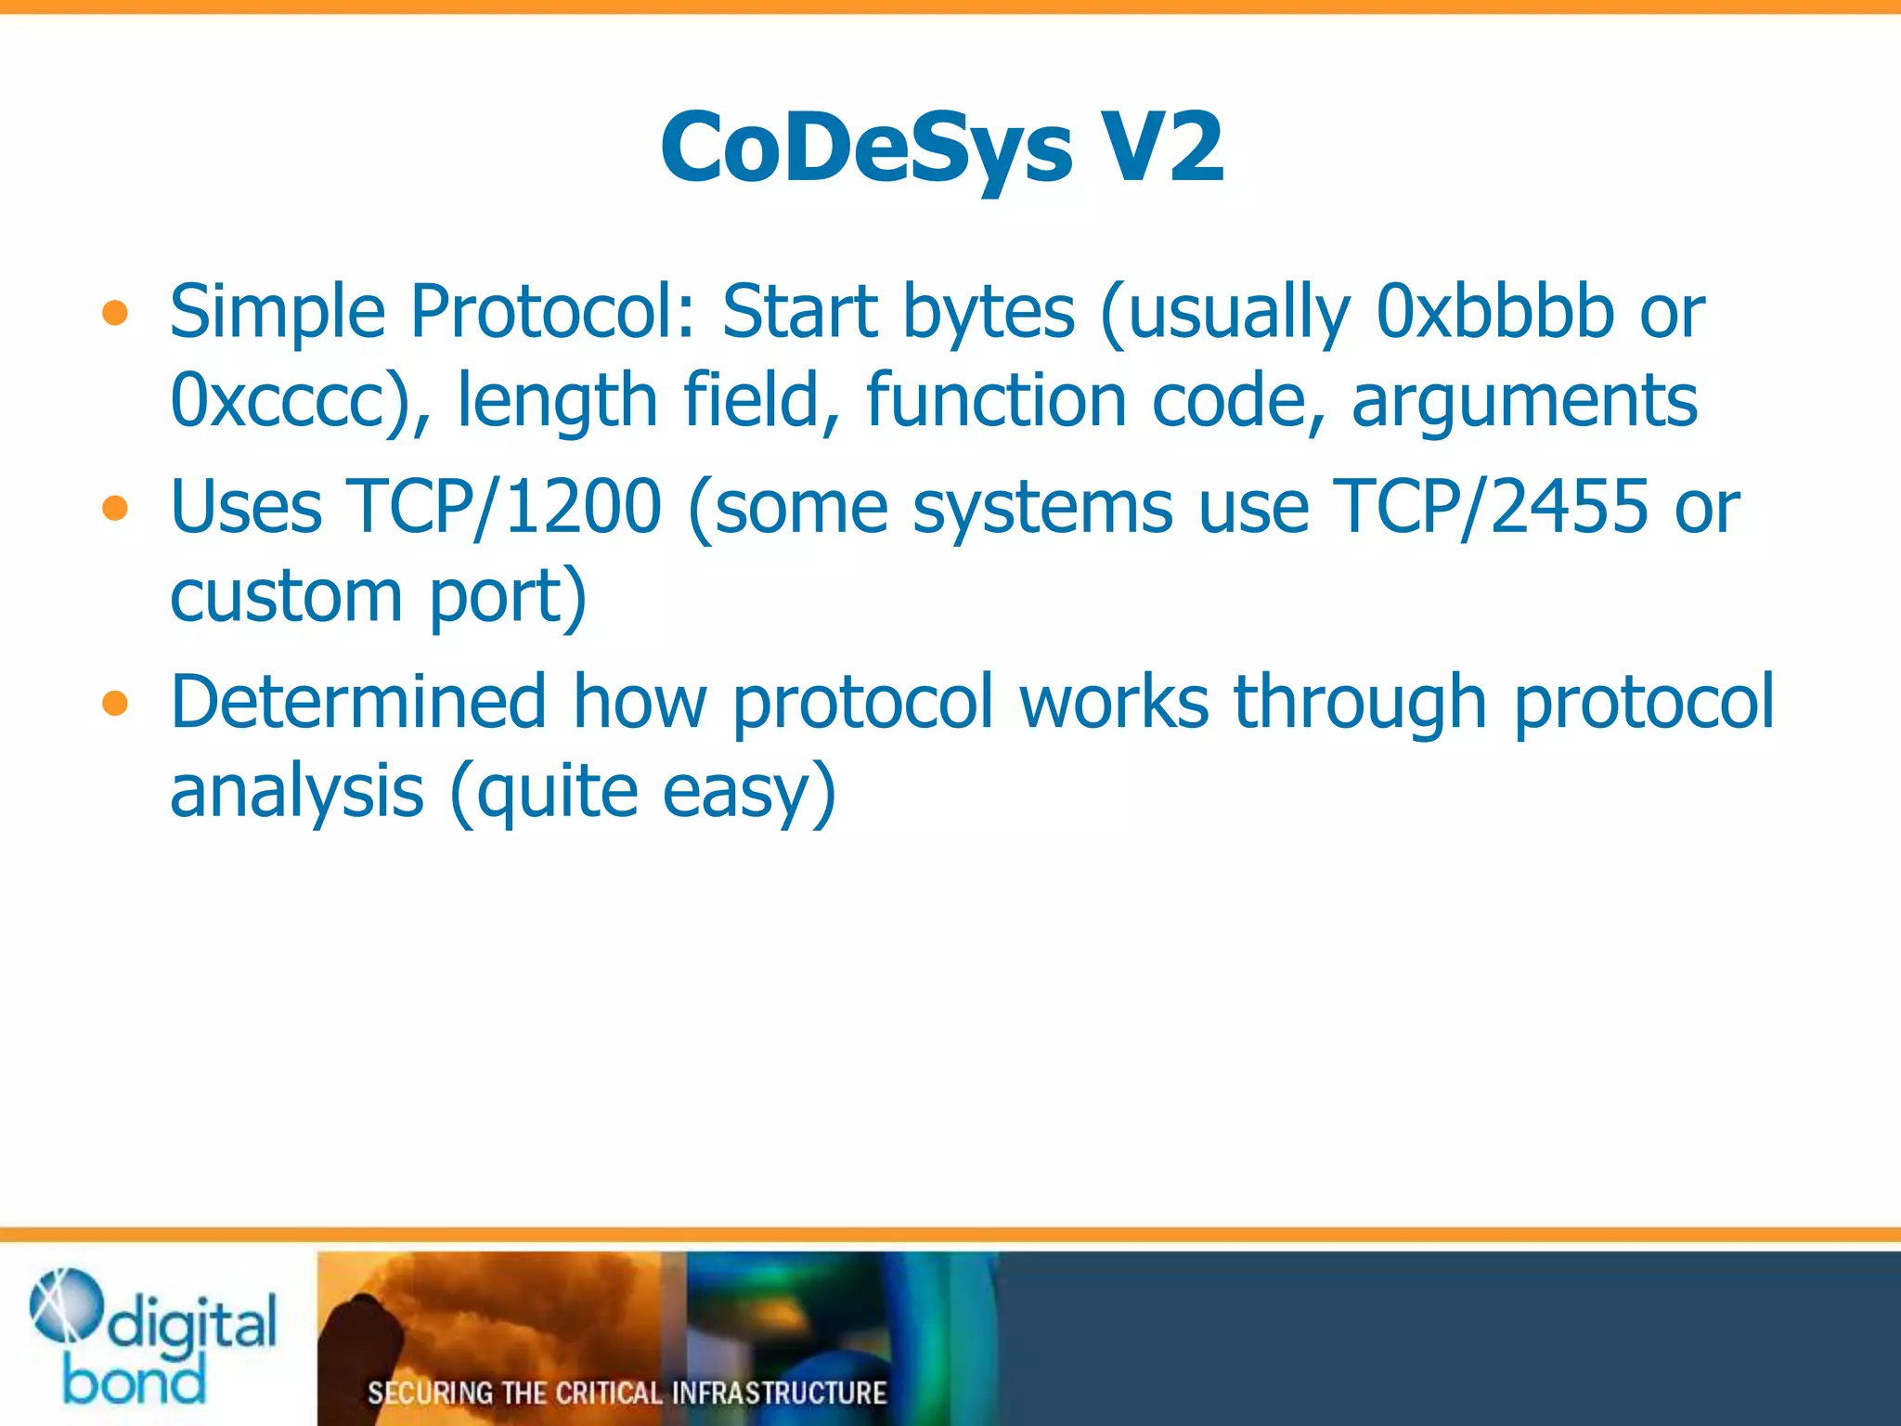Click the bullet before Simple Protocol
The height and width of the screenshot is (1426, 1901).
pos(115,313)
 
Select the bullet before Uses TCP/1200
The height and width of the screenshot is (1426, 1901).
pos(115,508)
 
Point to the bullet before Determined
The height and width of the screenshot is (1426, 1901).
pos(115,704)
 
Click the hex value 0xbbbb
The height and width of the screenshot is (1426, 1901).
pos(1494,311)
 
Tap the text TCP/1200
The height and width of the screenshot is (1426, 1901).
pos(504,506)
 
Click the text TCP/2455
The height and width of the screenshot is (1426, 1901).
pos(1491,506)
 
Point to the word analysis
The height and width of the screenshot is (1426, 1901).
pos(297,791)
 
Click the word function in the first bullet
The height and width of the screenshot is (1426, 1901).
pos(996,399)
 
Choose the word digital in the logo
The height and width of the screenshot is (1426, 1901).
pos(192,1324)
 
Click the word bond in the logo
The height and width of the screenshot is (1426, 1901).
pos(135,1381)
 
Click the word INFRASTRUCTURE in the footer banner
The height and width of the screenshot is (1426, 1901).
pos(779,1393)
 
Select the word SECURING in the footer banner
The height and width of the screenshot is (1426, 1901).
pos(430,1393)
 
